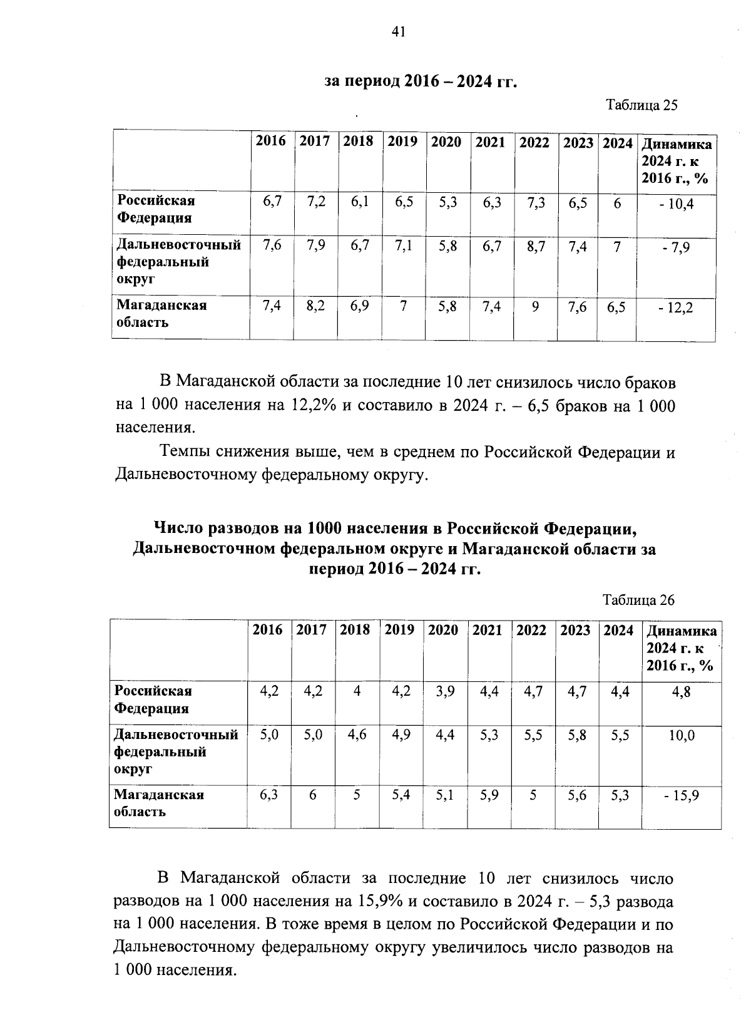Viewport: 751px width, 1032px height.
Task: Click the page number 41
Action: click(399, 31)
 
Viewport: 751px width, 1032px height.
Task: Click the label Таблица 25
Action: click(641, 105)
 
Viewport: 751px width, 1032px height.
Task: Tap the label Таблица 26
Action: click(638, 600)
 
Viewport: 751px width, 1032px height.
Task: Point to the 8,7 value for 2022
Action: click(536, 247)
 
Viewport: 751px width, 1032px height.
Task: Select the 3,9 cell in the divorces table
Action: click(444, 692)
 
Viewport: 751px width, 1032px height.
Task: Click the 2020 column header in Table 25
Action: click(446, 142)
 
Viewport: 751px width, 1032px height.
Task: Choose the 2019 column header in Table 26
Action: click(399, 630)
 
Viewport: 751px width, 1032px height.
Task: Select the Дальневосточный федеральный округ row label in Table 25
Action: click(180, 261)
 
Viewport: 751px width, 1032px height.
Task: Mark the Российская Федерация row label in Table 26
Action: click(152, 699)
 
